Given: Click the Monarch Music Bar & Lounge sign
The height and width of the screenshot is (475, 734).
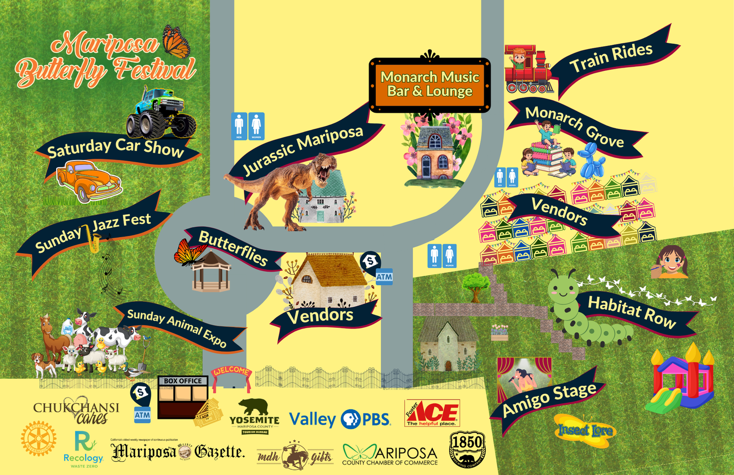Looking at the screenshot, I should click(x=430, y=85).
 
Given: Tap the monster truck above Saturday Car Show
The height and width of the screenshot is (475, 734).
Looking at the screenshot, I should click(x=161, y=114).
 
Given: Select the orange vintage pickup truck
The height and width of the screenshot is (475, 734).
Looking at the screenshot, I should click(x=89, y=181).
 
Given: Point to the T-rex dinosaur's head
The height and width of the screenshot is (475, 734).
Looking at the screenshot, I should click(x=325, y=168).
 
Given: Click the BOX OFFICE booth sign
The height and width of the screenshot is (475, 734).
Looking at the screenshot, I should click(x=183, y=381).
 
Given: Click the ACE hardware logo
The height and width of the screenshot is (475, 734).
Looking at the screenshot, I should click(x=432, y=413).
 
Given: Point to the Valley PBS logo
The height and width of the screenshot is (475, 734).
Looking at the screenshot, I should click(x=339, y=419).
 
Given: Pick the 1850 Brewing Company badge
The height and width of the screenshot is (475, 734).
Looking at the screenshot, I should click(x=467, y=449).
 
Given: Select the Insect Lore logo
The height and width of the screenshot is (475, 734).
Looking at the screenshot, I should click(x=585, y=431).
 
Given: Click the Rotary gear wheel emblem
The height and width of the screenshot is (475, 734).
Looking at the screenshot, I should click(x=39, y=439).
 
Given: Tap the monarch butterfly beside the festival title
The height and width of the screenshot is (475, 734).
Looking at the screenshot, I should click(x=176, y=42).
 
